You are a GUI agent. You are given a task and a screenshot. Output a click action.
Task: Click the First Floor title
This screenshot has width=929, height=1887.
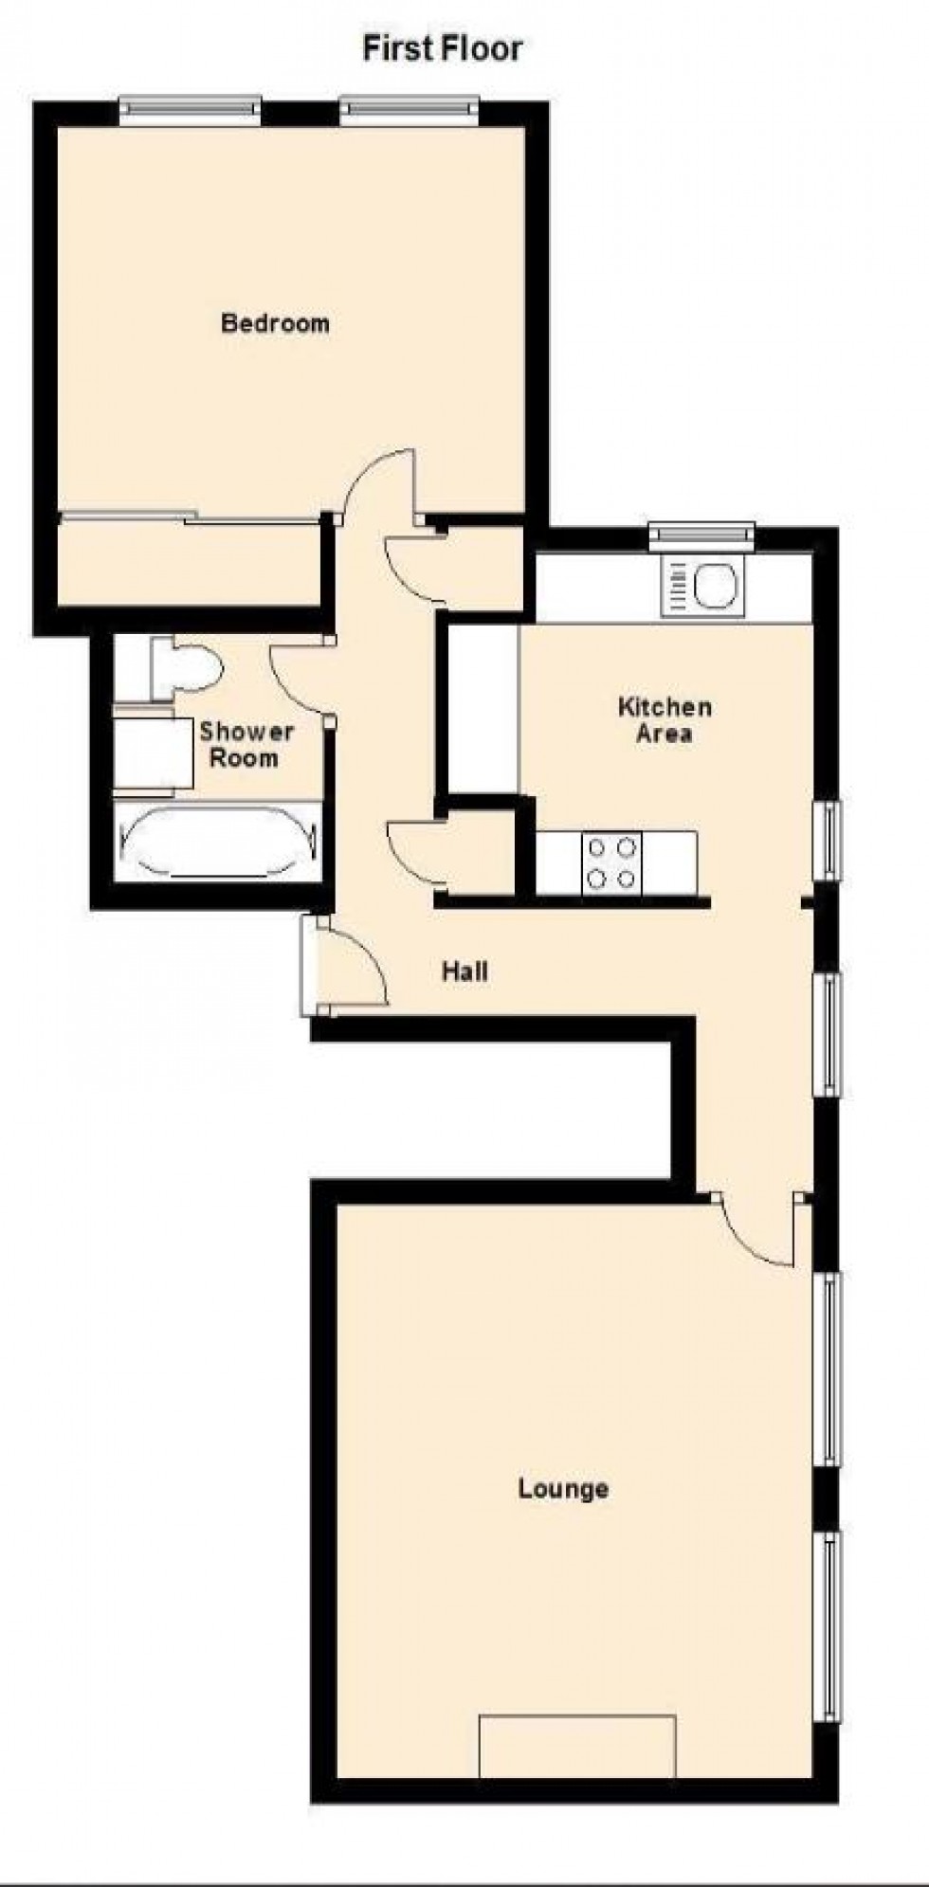tap(442, 48)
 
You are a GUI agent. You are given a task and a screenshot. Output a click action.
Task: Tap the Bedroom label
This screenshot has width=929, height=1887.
tap(275, 323)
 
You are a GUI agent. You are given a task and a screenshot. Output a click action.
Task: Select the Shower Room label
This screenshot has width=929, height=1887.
tap(245, 744)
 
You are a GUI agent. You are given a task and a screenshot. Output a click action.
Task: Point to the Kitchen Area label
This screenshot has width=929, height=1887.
tap(664, 719)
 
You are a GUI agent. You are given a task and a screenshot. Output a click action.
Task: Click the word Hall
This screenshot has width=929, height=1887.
tap(464, 971)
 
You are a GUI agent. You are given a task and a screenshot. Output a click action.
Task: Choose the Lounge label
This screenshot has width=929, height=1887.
tap(563, 1488)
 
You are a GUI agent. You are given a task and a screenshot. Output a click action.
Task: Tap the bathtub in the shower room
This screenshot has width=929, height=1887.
tap(219, 843)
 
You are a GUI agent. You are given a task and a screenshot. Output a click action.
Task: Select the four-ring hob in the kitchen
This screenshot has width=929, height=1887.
tap(610, 862)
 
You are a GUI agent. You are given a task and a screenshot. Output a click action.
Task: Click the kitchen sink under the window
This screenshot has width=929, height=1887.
tap(702, 585)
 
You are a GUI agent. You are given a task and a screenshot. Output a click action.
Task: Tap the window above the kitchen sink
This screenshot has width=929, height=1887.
tap(702, 535)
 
